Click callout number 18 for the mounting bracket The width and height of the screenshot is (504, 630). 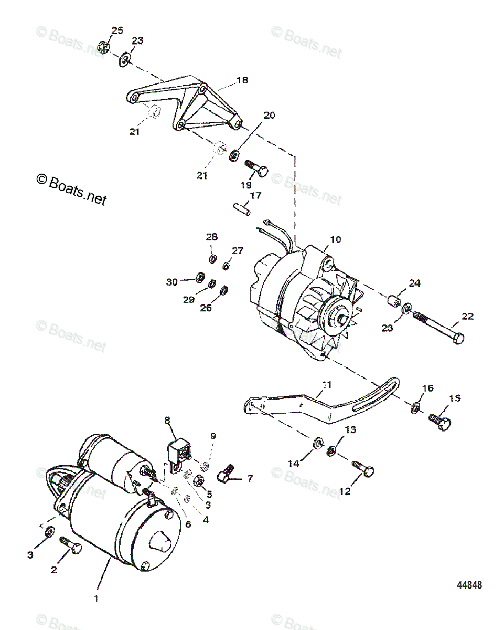242,80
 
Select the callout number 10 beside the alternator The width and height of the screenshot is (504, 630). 335,239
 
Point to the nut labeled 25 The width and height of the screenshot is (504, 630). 103,47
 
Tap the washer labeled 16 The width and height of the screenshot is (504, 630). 415,406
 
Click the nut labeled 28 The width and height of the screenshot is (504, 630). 212,258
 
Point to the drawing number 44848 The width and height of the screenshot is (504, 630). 468,585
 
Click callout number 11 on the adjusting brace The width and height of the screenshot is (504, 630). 327,384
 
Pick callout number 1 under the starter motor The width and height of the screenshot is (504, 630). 95,597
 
